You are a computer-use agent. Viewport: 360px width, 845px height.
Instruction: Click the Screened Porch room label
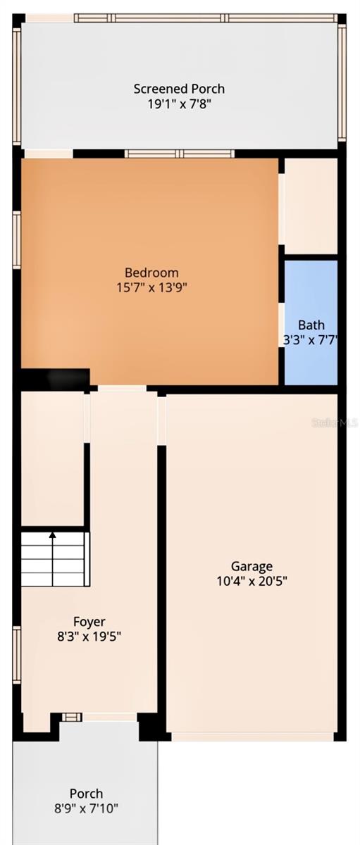(179, 89)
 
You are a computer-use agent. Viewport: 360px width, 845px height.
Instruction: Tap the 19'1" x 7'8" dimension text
(179, 104)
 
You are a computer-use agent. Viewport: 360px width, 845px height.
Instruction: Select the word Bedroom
(151, 273)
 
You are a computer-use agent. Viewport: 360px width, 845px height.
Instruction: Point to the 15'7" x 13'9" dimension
(151, 287)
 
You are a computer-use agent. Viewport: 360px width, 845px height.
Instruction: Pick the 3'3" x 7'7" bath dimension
(311, 339)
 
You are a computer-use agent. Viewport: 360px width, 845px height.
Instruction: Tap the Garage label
(252, 566)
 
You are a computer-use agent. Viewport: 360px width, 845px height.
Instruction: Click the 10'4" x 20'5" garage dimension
(252, 581)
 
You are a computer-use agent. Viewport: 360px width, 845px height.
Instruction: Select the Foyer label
(89, 622)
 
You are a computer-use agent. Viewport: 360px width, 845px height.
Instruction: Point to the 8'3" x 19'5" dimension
(89, 637)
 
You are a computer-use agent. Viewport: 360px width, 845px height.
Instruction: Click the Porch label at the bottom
(86, 794)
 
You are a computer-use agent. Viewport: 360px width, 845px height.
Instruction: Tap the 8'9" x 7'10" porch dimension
(86, 809)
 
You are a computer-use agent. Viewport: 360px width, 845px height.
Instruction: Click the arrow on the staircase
(52, 537)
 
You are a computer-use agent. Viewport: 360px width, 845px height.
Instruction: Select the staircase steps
(55, 560)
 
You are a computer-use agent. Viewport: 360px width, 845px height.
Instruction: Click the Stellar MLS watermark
(340, 423)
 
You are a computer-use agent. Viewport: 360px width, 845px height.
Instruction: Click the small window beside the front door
(70, 717)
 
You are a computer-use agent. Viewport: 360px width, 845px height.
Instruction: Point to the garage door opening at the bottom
(252, 737)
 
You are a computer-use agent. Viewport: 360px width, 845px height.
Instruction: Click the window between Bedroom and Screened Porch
(179, 154)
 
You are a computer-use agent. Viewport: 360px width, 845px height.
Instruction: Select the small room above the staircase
(52, 458)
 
